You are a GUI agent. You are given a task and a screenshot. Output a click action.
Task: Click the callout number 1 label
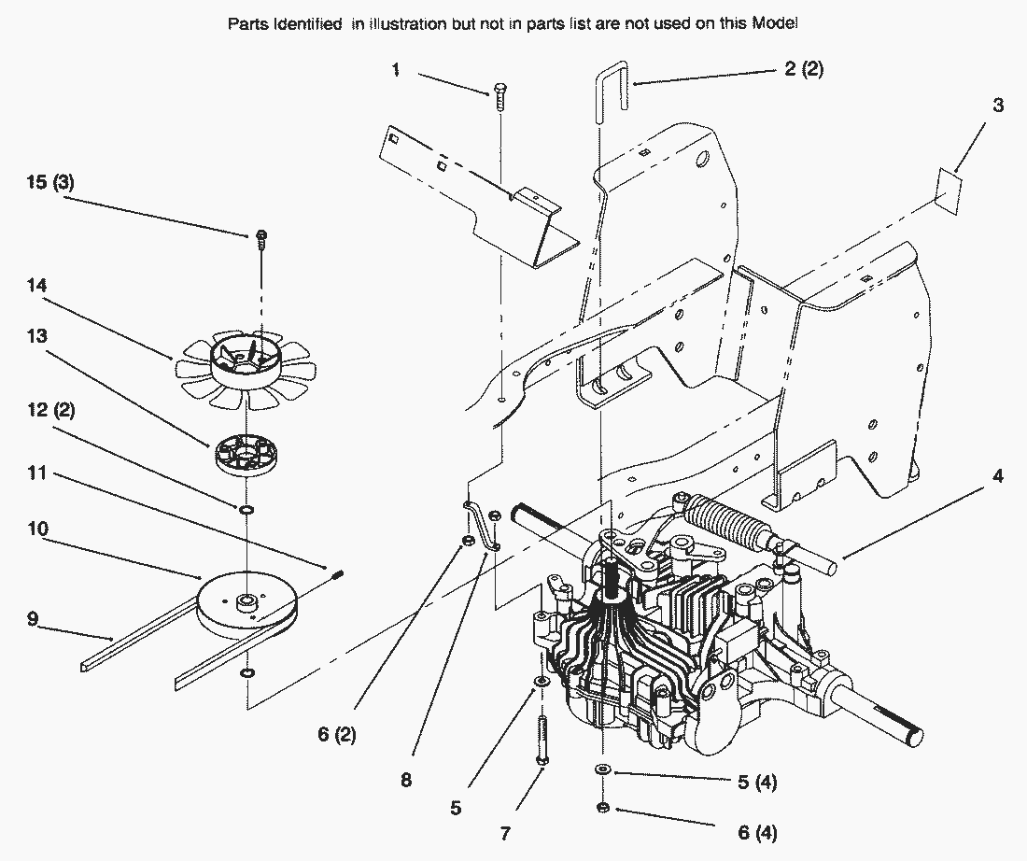click(x=397, y=70)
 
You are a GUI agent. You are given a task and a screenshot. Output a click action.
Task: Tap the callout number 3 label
click(x=998, y=106)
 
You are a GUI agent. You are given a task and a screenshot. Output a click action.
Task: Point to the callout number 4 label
click(x=998, y=476)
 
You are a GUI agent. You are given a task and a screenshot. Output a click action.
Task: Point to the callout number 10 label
click(x=36, y=529)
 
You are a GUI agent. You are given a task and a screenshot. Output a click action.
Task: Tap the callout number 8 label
click(x=406, y=779)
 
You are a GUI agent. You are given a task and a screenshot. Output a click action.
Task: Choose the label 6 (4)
click(x=756, y=831)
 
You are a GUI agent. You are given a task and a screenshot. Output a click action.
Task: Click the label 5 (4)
click(x=756, y=781)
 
